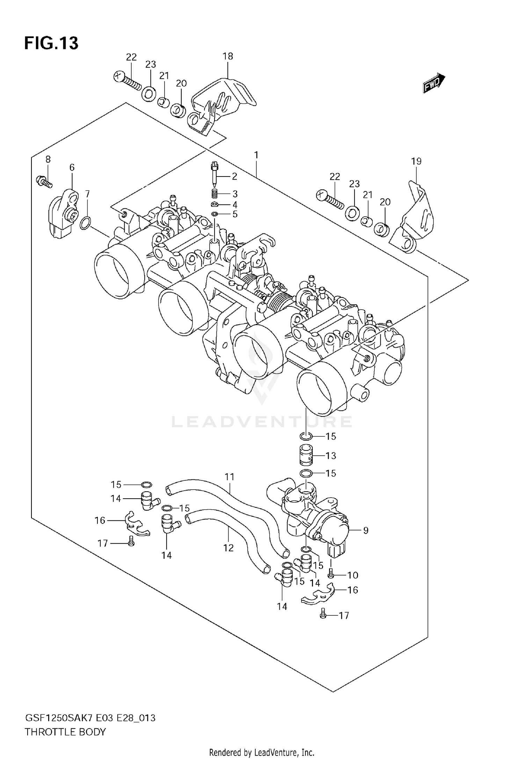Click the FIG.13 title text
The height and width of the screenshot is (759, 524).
tap(51, 43)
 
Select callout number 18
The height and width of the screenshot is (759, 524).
tap(227, 56)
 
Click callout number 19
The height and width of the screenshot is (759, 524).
tap(416, 161)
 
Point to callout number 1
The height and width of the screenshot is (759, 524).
tap(256, 155)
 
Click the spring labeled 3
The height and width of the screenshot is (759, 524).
tap(215, 193)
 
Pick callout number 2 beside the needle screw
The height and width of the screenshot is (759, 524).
tap(234, 176)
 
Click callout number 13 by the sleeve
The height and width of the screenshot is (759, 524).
tap(330, 456)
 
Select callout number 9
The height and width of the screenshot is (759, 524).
tap(365, 530)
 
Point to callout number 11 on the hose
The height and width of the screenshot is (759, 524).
tap(229, 477)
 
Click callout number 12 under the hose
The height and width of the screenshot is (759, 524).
tap(228, 548)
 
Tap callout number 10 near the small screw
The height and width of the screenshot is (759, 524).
tap(352, 575)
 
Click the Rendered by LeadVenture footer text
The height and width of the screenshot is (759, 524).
tap(262, 752)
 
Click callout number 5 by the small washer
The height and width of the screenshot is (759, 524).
tap(235, 214)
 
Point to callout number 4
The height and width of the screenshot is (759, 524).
tap(235, 204)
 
